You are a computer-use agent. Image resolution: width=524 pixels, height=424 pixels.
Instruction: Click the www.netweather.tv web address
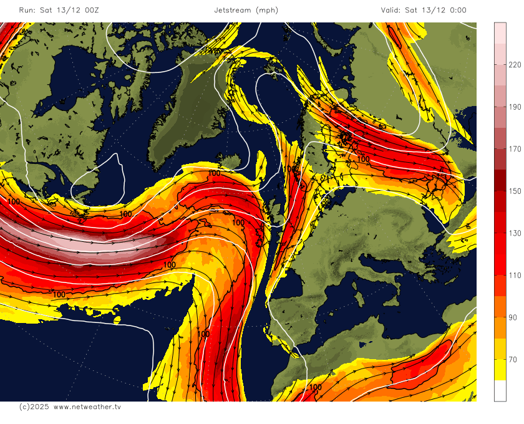pyautogui.click(x=87, y=407)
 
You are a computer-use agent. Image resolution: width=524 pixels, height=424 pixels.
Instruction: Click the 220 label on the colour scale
pyautogui.click(x=515, y=65)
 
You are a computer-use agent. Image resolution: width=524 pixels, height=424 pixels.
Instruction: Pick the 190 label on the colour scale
pyautogui.click(x=515, y=107)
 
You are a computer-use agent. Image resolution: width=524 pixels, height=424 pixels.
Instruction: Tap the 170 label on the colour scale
pyautogui.click(x=515, y=149)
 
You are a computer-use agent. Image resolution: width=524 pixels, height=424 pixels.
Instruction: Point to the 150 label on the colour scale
pyautogui.click(x=515, y=191)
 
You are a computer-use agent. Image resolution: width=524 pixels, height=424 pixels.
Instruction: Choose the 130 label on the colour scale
pyautogui.click(x=515, y=233)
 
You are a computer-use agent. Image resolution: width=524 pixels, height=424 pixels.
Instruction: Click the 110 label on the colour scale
pyautogui.click(x=515, y=275)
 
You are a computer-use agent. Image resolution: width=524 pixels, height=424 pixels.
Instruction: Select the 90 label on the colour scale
pyautogui.click(x=513, y=317)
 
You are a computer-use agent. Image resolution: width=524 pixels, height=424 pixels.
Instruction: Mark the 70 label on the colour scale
pyautogui.click(x=513, y=359)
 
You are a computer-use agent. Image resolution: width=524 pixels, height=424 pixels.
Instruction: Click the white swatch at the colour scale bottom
pyautogui.click(x=500, y=390)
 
